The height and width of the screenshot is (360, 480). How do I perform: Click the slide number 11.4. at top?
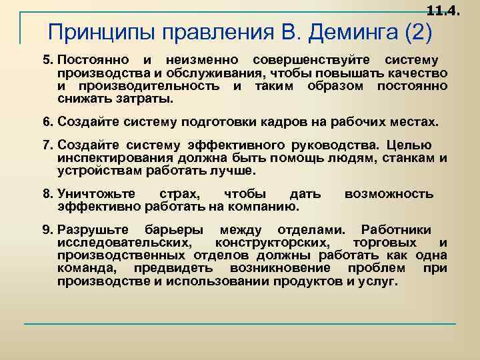pos(443,10)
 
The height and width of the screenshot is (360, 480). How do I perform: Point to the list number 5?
pos(47,61)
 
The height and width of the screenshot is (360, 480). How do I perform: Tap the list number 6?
pos(47,122)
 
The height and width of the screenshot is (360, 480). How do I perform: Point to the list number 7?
pos(47,145)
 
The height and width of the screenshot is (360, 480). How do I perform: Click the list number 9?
pos(47,230)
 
